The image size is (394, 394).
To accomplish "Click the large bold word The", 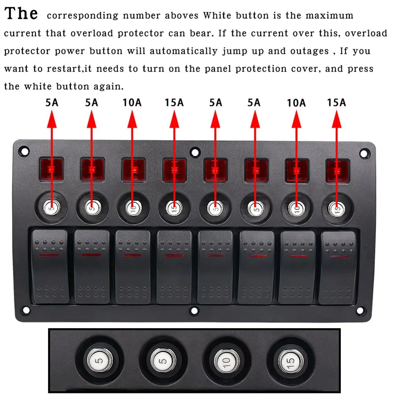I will pos(21,14).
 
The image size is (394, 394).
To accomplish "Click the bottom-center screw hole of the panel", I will pos(194,311).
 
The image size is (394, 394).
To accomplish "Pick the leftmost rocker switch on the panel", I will pos(50,266).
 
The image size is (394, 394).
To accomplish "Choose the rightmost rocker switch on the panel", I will pos(338,267).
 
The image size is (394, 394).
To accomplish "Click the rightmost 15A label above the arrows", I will pos(336,103).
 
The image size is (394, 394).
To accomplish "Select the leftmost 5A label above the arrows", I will pos(52,103).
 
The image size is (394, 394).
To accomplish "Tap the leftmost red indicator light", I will pos(52,170).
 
